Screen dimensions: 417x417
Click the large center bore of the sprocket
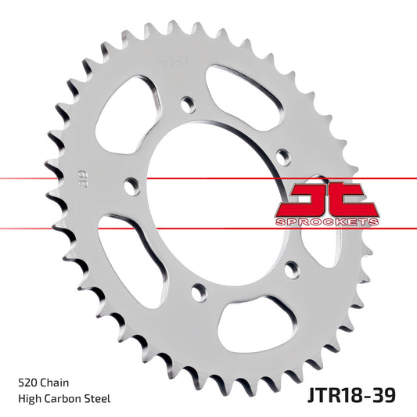pos(207,200)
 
